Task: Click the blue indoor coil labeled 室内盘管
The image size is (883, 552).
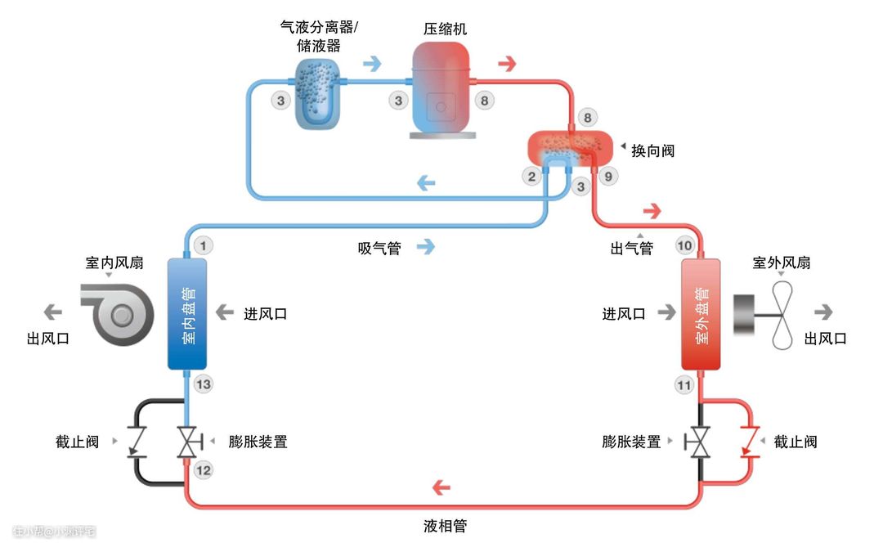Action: tap(187, 313)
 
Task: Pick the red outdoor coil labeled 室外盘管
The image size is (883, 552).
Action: tap(701, 314)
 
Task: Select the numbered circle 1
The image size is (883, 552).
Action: tap(204, 245)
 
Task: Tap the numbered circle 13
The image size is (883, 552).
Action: tap(204, 384)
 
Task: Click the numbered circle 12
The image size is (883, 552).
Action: tap(204, 470)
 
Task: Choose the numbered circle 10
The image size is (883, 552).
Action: tap(684, 245)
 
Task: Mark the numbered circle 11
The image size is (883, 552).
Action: tap(684, 384)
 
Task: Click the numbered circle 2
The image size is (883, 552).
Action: tap(532, 176)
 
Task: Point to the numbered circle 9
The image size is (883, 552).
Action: tap(607, 176)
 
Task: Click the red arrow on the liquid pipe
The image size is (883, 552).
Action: tap(441, 488)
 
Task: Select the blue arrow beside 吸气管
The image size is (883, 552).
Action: tap(425, 246)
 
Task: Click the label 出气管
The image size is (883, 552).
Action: tap(631, 248)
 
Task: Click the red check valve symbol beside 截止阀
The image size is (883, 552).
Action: tap(746, 442)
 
